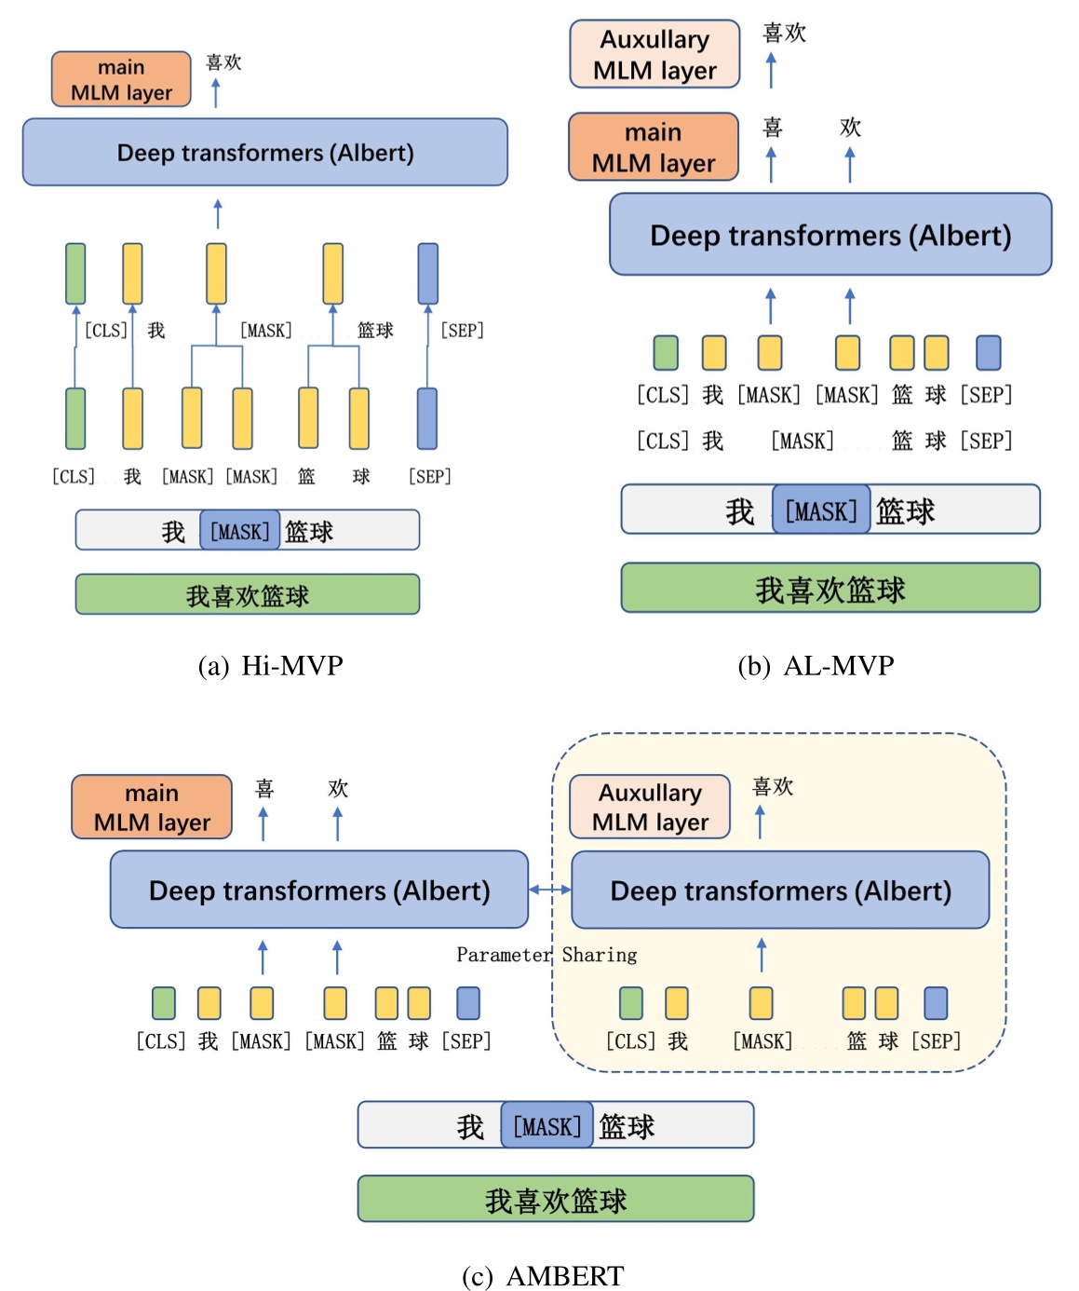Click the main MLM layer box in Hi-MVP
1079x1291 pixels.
(121, 80)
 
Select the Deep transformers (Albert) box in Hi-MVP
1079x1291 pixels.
(264, 152)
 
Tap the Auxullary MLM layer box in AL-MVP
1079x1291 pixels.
(654, 55)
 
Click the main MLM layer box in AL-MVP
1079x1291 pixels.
(653, 147)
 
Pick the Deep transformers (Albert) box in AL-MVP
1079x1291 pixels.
(829, 235)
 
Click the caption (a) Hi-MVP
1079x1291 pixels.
(270, 665)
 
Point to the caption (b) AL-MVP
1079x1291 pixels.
(815, 665)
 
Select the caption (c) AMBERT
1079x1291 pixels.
(543, 1275)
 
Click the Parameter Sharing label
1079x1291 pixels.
(546, 955)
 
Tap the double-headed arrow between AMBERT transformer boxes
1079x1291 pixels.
(549, 890)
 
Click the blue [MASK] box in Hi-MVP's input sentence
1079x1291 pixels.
(239, 531)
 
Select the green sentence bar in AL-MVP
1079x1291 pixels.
(829, 589)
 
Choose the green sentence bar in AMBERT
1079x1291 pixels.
(555, 1200)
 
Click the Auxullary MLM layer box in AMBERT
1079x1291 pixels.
(650, 807)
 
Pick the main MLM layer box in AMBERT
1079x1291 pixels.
(152, 807)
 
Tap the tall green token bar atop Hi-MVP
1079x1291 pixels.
(75, 274)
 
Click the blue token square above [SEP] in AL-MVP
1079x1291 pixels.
(988, 353)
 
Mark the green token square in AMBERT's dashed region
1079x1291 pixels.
(630, 1003)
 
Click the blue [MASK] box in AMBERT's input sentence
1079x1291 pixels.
(546, 1125)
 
